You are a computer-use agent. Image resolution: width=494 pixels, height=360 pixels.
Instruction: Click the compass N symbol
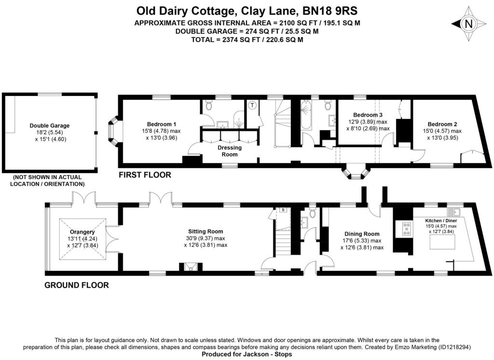point(467,24)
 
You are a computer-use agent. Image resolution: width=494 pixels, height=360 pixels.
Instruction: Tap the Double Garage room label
point(50,125)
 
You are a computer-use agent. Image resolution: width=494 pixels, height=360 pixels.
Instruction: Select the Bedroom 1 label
point(162,123)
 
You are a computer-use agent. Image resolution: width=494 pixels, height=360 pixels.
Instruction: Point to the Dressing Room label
point(230,151)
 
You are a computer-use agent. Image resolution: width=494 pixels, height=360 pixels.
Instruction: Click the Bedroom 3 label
point(368,115)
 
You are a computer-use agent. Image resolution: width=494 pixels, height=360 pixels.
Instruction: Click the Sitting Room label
point(205,231)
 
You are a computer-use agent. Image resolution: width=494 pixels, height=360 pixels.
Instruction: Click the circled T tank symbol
point(252,105)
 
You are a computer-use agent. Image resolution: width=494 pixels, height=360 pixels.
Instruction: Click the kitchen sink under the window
point(453,212)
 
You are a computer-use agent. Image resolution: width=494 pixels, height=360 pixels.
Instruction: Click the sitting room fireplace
point(188,267)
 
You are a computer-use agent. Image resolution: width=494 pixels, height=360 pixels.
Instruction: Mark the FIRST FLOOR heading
point(145,175)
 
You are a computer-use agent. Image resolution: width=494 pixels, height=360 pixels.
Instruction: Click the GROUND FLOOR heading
point(76,285)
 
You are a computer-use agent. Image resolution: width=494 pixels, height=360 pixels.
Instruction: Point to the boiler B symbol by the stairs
point(283,210)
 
